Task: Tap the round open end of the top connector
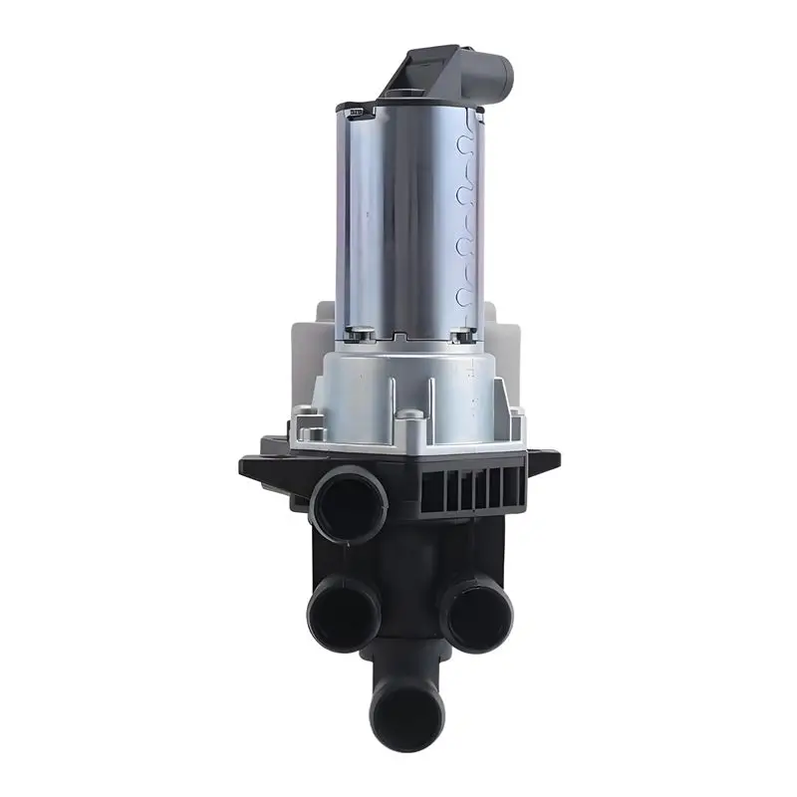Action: click(x=495, y=71)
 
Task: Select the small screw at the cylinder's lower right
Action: click(x=460, y=337)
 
